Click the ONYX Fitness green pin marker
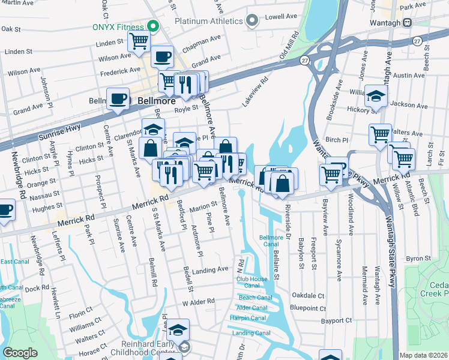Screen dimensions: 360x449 [152, 26]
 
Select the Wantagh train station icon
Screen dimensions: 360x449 [408, 22]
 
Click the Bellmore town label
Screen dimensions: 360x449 [156, 101]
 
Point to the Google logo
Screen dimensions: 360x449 [20, 353]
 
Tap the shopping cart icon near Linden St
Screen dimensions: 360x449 [139, 41]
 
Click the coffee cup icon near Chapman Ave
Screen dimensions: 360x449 [162, 57]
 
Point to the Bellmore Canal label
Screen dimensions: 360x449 [270, 241]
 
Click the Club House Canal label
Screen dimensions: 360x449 [252, 282]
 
